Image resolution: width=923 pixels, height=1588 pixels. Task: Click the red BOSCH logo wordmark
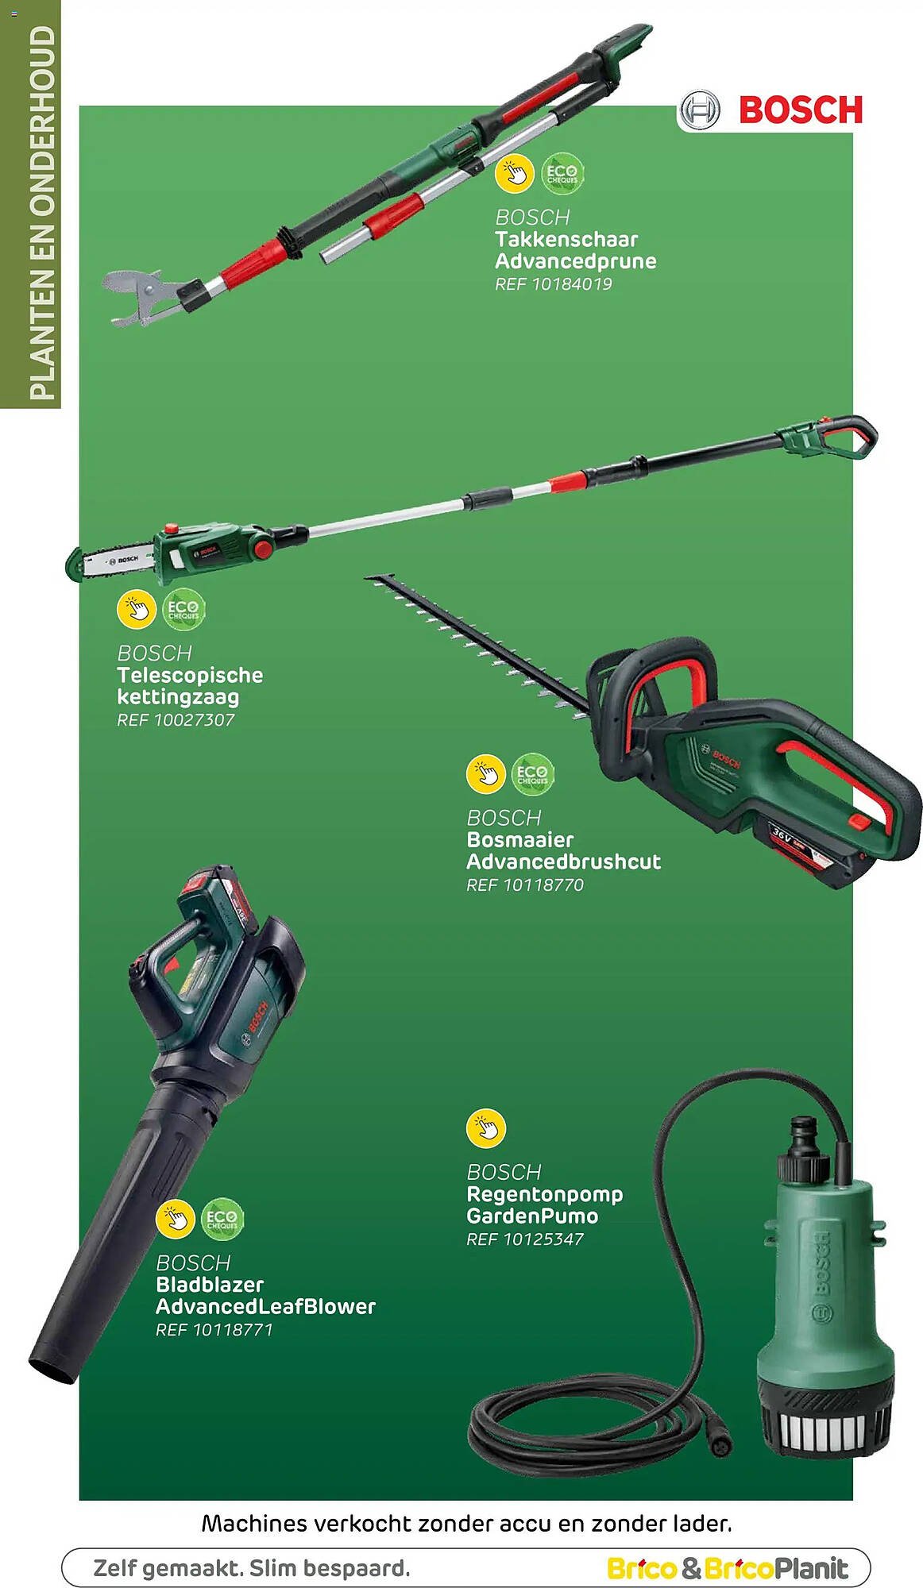coord(801,110)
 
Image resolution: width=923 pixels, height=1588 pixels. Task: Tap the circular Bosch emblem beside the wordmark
coord(701,110)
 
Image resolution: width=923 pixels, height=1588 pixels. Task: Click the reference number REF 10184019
coord(554,284)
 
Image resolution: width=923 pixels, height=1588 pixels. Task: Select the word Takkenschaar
coord(566,239)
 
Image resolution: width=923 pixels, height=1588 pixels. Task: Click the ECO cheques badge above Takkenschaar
coord(562,173)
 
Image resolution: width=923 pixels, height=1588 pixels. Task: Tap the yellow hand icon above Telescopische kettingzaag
coord(137,610)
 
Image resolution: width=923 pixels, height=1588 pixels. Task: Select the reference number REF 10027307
coord(176,720)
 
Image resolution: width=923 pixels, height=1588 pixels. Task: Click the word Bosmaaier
coord(520,839)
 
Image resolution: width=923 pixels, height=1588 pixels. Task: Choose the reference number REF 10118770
coord(525,885)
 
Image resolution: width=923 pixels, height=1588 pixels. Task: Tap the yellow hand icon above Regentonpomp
coord(486,1128)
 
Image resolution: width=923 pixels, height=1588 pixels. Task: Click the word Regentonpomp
coord(545,1195)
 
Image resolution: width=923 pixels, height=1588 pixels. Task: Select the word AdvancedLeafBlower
coord(266,1306)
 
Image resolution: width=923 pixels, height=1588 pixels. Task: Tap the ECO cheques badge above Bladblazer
coord(222,1219)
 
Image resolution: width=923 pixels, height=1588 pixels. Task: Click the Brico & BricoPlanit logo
coord(728,1568)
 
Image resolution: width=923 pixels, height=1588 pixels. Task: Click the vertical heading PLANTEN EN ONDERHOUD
coord(42,213)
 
